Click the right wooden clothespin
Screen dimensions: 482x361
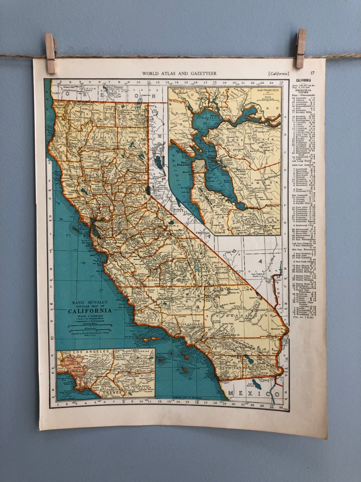click(300, 48)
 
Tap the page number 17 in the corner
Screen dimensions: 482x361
click(313, 73)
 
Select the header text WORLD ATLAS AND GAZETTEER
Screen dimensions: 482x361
click(179, 73)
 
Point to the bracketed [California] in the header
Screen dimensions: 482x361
click(278, 73)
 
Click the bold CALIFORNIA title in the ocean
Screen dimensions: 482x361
click(90, 311)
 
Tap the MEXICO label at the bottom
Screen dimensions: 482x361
click(254, 394)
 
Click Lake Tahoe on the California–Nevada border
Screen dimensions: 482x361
click(148, 190)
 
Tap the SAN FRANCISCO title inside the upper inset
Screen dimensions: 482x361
click(267, 91)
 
